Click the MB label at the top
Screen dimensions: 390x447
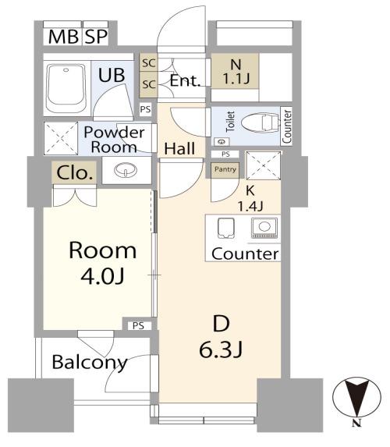(x=63, y=37)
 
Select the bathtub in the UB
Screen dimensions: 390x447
(x=66, y=88)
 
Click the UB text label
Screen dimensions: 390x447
(x=112, y=75)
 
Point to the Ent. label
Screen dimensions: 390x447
(x=185, y=80)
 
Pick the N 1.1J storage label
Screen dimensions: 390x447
(x=236, y=72)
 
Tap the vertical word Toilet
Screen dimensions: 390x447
(x=230, y=122)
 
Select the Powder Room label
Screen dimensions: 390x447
(x=114, y=140)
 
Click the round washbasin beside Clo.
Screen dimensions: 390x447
(x=126, y=170)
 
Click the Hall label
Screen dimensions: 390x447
(x=180, y=148)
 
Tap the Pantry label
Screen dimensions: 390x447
(x=225, y=169)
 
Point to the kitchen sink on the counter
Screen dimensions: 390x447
(x=226, y=228)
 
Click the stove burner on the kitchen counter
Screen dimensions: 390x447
(x=264, y=228)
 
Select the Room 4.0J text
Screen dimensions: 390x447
(x=103, y=263)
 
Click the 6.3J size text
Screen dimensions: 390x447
(x=221, y=349)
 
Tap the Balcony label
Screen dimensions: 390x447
(x=90, y=363)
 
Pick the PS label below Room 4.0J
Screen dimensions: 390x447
(x=138, y=325)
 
